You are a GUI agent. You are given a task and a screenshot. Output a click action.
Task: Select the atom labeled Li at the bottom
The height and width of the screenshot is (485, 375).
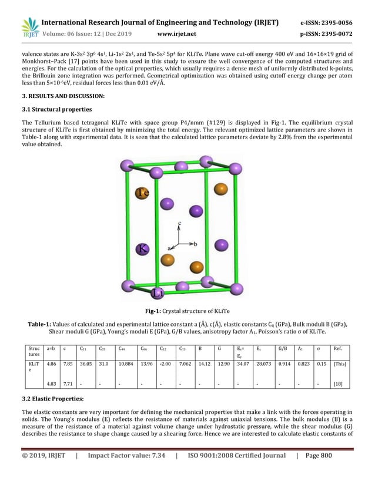158,292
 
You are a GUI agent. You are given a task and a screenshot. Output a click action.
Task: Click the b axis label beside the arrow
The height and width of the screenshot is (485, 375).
195,242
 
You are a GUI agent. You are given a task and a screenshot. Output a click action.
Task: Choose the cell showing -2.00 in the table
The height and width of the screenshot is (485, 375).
165,364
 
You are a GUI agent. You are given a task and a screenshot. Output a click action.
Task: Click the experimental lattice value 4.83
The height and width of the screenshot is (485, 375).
51,383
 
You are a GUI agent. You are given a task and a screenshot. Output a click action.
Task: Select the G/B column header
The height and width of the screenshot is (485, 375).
283,348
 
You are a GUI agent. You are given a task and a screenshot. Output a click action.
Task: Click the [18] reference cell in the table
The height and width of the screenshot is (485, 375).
339,383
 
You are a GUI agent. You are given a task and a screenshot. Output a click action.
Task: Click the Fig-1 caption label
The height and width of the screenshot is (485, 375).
156,311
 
